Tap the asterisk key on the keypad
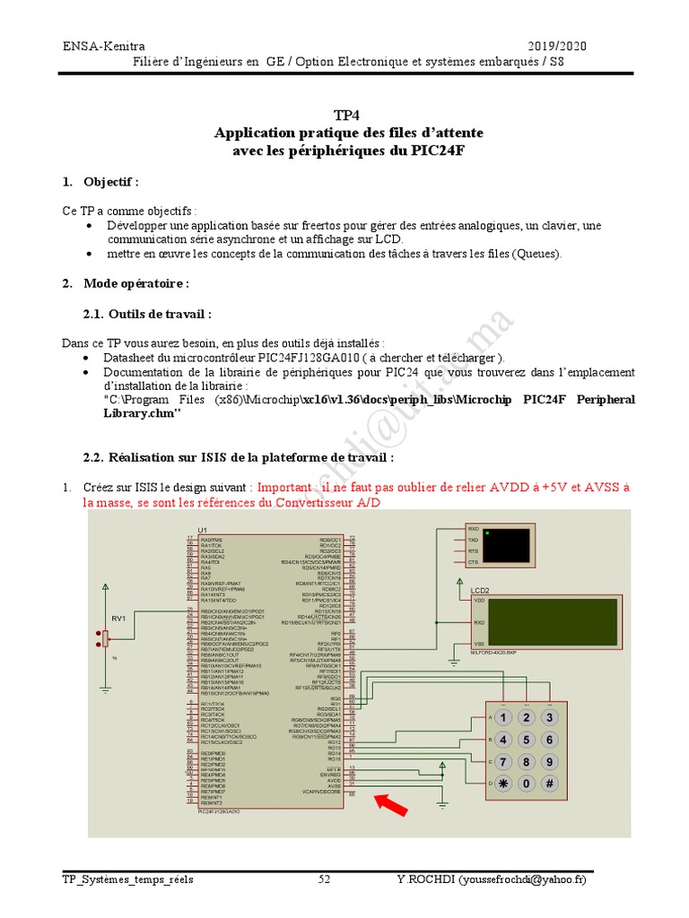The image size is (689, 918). (504, 784)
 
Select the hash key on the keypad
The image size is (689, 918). (549, 784)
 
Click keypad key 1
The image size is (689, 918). (504, 718)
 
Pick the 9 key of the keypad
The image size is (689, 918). (549, 762)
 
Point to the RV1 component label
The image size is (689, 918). (118, 619)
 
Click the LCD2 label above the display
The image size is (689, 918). (480, 590)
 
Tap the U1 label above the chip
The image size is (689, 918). (203, 530)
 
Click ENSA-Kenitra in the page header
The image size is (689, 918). (104, 46)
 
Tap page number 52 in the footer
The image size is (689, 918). (325, 880)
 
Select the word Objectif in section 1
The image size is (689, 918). (109, 182)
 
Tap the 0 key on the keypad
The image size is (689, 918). (527, 784)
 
